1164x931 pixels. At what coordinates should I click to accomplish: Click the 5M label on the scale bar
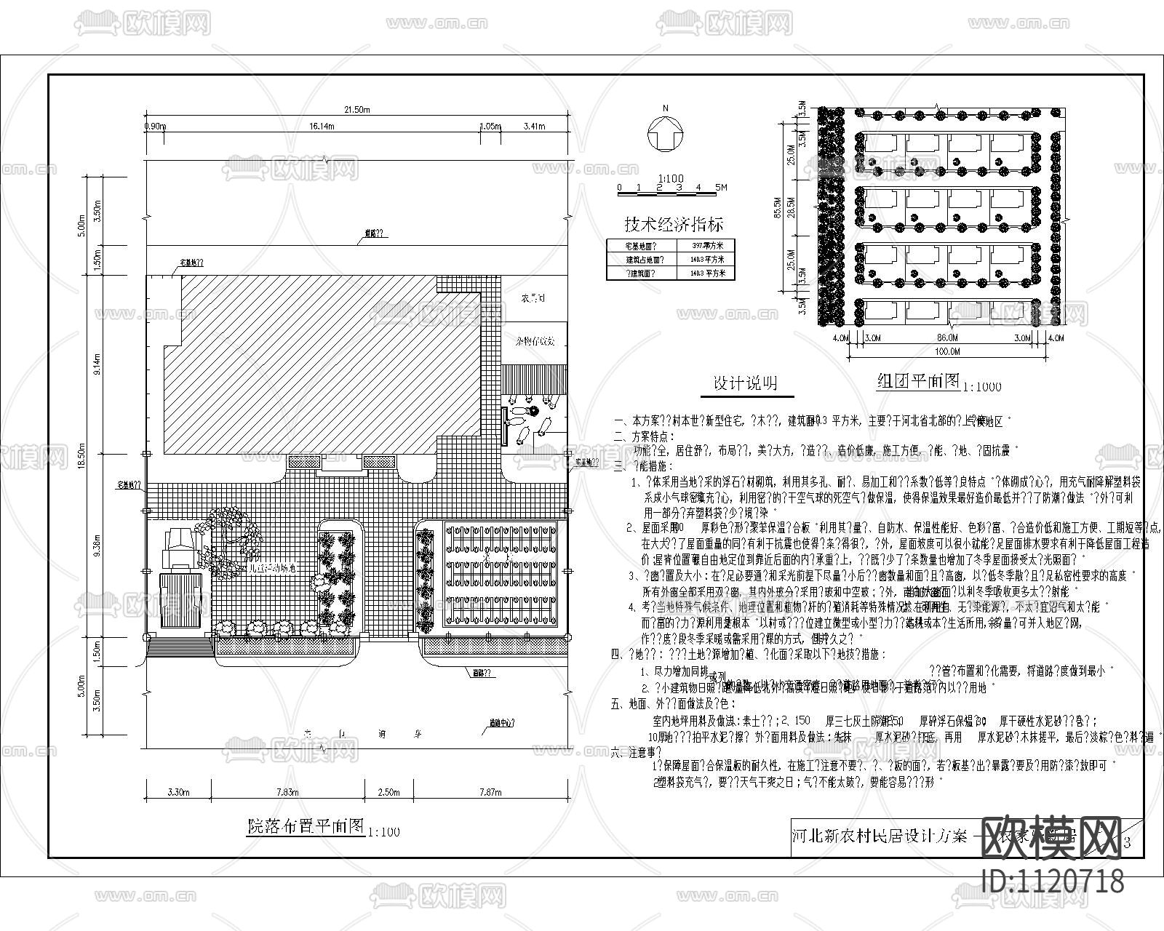pos(720,187)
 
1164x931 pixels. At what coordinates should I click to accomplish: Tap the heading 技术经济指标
pos(674,224)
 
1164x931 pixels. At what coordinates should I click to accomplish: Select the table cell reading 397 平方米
pos(703,245)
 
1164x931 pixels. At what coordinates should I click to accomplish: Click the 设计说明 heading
pos(744,384)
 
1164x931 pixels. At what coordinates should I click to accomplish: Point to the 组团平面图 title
pos(918,381)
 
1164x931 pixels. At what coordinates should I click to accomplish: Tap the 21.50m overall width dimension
pos(357,110)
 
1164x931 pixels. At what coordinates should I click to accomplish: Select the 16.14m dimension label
pos(321,126)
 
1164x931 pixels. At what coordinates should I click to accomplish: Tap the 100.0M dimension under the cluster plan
pos(948,351)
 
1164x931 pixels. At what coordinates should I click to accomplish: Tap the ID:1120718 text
pos(1053,882)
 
